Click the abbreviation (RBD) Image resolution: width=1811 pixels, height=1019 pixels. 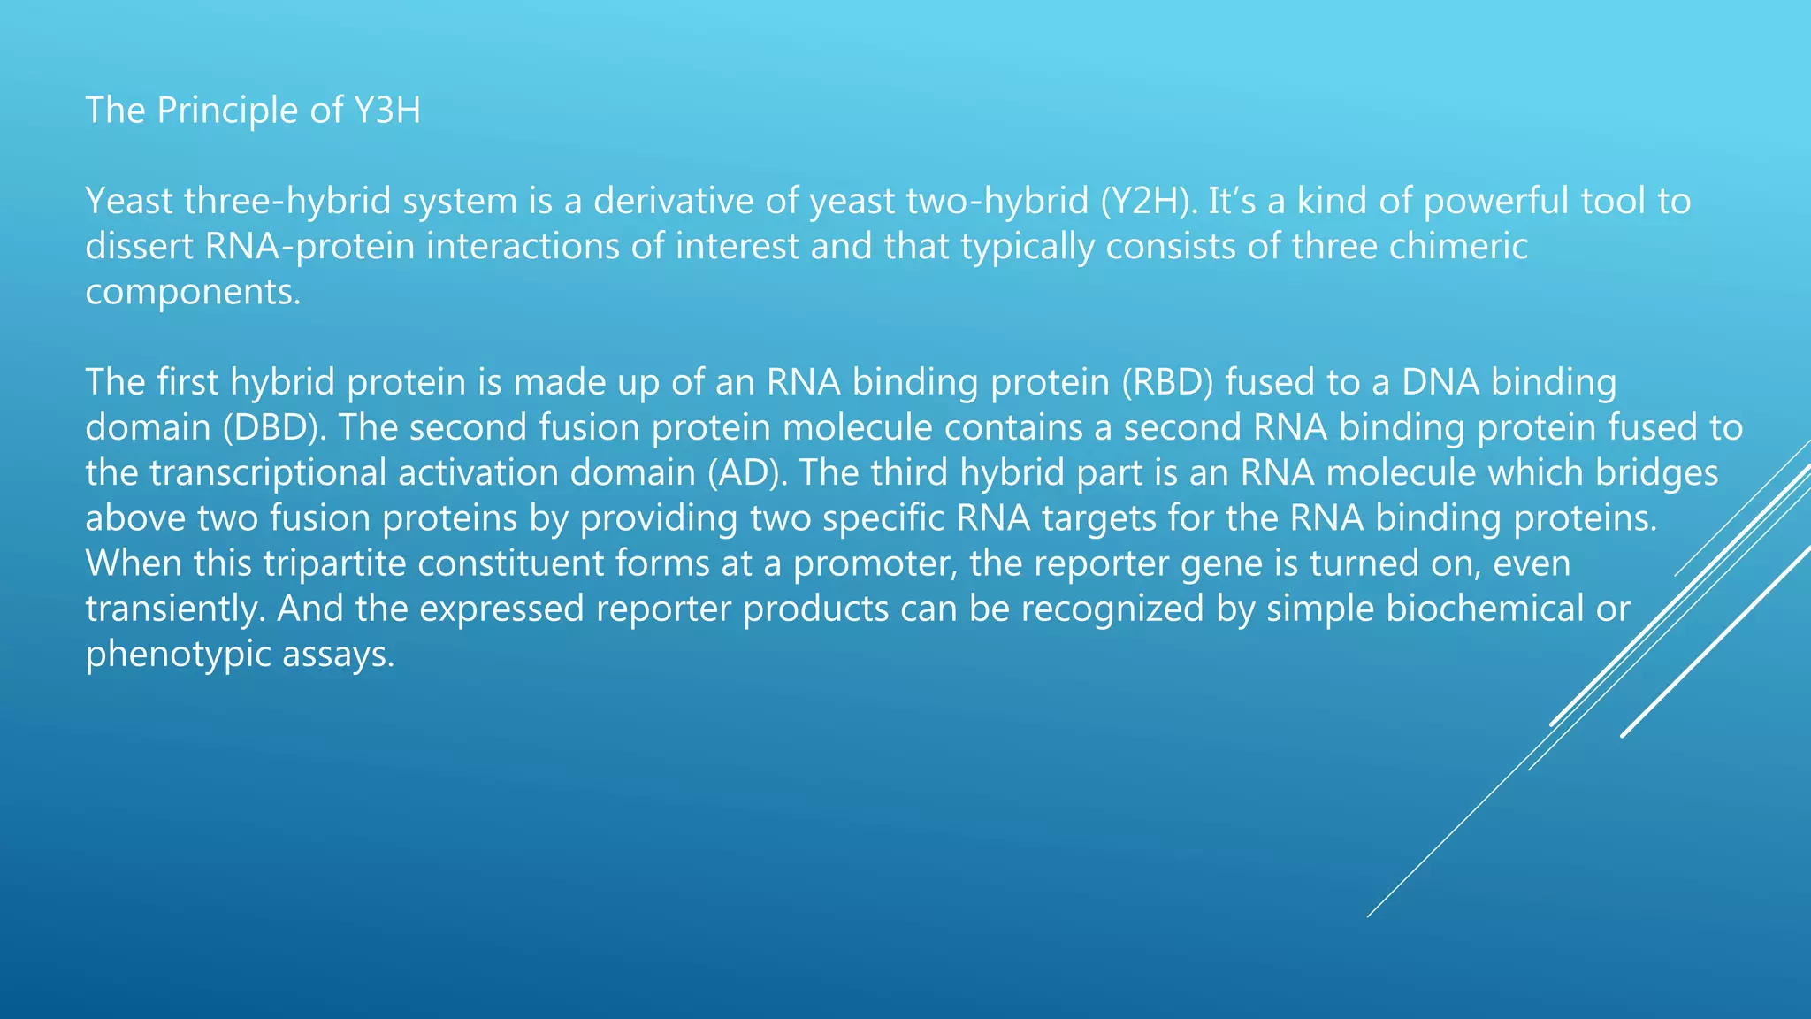[1168, 382]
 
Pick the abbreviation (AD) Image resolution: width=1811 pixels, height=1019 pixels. [747, 473]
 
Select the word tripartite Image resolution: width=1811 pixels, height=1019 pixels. [334, 563]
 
